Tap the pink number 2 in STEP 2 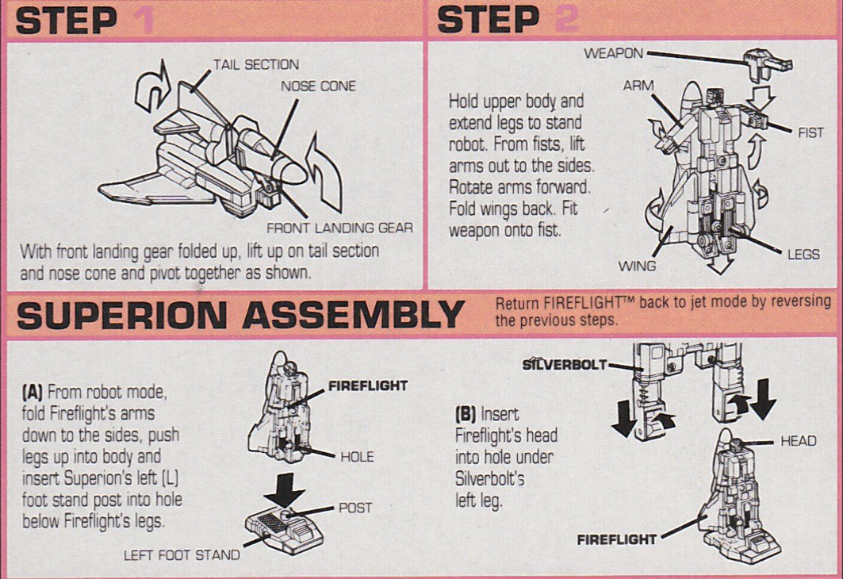coord(565,20)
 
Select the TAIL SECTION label coord(256,65)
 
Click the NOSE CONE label coord(318,86)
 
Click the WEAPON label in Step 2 coord(613,53)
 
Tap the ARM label coord(638,86)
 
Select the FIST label coord(810,133)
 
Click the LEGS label coord(803,255)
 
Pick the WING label coord(637,266)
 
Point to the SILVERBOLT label coord(565,365)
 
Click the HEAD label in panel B coord(798,441)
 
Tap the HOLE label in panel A coord(357,457)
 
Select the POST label coord(355,508)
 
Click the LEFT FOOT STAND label coord(182,555)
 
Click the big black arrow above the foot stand coord(285,493)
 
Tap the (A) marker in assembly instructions coord(33,392)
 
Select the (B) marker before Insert coord(466,414)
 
